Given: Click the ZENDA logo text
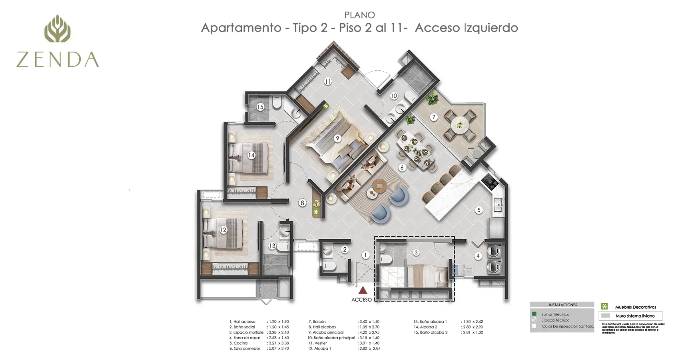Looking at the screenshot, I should tap(58, 60).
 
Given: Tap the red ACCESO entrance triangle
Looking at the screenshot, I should tap(363, 290).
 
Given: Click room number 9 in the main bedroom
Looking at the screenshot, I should tap(337, 138).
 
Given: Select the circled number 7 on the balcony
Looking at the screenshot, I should tap(434, 117).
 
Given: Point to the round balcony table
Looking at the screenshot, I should tap(459, 124).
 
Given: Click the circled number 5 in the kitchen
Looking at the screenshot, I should tap(479, 210).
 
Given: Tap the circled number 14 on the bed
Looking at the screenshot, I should tap(251, 155).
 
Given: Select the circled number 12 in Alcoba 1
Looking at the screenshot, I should tap(223, 230).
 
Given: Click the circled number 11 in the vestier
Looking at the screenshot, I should tap(328, 82).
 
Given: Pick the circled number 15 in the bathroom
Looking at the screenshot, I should tap(260, 107).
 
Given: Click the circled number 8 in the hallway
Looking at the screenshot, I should tap(302, 203).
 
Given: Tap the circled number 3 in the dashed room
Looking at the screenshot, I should tap(416, 252).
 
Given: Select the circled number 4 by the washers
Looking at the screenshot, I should tap(478, 256).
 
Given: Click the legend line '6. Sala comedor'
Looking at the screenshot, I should tap(245, 348).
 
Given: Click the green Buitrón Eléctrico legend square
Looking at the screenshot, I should tap(534, 314).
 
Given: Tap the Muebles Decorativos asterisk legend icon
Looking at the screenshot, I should tap(604, 306).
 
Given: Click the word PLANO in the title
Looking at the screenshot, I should tap(359, 15).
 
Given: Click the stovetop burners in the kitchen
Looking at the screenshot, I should tap(489, 182).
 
